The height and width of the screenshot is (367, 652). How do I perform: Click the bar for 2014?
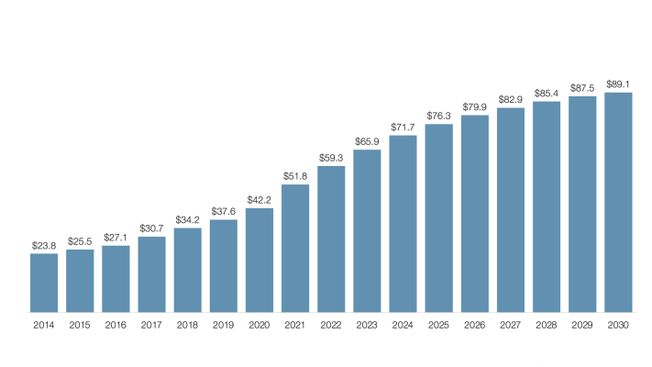coord(44,283)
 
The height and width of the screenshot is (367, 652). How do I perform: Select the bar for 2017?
coord(152,274)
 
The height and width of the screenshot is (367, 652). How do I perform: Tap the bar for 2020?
coord(260,261)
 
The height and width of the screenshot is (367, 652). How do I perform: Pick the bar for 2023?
coord(367,231)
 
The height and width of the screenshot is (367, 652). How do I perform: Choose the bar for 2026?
coord(475,214)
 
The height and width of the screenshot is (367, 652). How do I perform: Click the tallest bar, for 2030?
coord(619,203)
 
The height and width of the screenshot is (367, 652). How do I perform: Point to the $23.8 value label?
coord(44,246)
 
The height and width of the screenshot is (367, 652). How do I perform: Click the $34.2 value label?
coord(188,220)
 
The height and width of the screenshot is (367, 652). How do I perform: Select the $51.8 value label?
coord(295,177)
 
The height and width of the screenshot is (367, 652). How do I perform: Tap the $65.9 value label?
coord(367,141)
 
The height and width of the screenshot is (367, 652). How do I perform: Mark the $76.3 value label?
coord(439,116)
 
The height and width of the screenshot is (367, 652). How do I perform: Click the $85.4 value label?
coord(547,94)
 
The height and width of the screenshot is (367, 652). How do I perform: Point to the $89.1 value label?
coord(619,84)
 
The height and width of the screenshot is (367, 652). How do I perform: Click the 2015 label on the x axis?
coord(80,325)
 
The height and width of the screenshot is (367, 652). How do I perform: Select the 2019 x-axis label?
coord(224,325)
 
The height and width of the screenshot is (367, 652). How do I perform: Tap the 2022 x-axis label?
coord(331,325)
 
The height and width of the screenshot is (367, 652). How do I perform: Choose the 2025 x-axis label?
coord(439,325)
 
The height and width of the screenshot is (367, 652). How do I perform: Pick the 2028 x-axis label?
coord(547,325)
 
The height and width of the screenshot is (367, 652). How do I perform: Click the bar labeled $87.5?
coord(583,205)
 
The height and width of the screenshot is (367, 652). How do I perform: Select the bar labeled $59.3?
coord(331,239)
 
